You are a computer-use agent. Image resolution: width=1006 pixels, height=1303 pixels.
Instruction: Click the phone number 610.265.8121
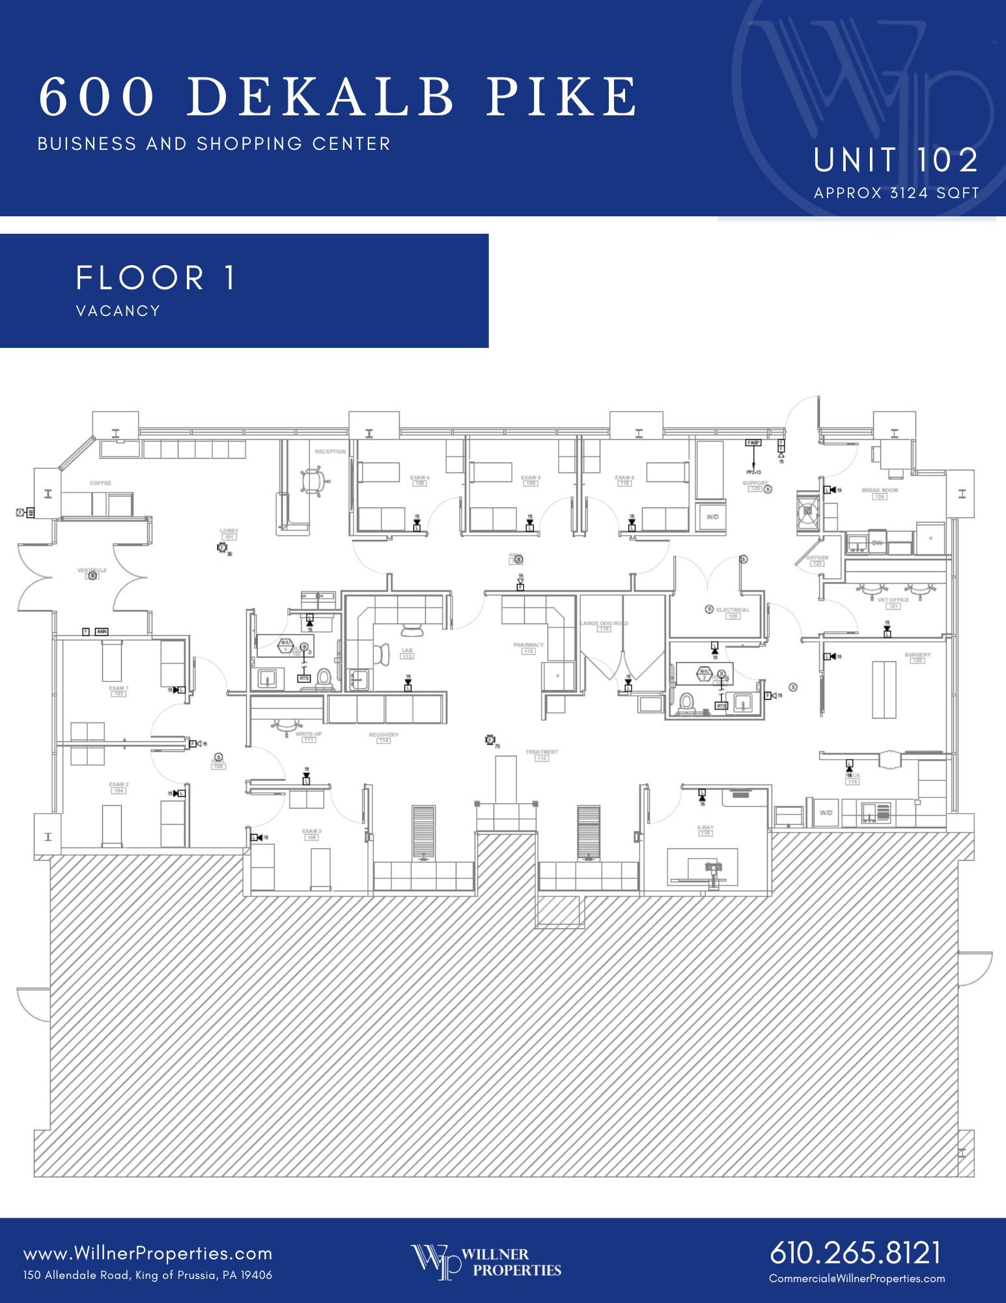(856, 1253)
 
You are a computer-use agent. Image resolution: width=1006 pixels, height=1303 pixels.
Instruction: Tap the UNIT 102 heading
(895, 160)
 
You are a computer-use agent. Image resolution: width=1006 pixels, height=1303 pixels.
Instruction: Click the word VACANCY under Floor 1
(118, 311)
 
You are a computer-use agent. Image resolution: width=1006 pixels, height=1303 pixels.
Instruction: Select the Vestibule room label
(92, 571)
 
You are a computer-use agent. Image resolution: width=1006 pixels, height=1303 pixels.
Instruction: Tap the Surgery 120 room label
(917, 657)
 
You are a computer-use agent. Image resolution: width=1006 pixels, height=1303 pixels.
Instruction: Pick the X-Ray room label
(705, 829)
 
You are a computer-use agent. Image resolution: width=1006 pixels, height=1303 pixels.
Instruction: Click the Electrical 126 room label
(733, 612)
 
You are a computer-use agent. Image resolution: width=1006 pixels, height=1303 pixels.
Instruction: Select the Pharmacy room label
(528, 647)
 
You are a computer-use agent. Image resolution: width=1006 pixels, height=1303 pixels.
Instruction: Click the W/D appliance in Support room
(712, 517)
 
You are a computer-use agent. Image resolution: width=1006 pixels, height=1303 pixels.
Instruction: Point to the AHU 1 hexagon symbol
(285, 646)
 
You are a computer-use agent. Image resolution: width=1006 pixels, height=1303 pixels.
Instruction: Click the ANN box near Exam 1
(102, 631)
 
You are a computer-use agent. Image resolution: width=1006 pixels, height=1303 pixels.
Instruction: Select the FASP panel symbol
(753, 443)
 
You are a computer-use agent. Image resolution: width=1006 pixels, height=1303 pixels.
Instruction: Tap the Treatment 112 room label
(542, 754)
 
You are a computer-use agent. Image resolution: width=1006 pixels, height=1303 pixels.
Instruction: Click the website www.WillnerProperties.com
(148, 1253)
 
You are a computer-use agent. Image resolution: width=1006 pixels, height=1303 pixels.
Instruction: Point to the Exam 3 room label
(311, 834)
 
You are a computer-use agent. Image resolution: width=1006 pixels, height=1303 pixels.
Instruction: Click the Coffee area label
(100, 483)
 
